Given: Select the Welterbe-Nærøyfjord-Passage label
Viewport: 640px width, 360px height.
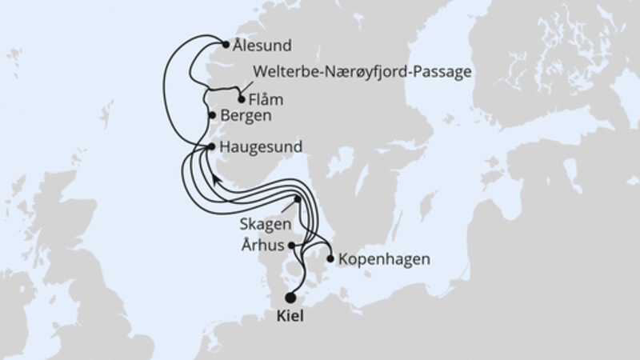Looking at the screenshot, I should click(362, 72).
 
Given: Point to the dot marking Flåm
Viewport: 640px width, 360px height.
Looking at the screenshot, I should click(242, 99).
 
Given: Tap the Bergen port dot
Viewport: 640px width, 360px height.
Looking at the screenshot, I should click(212, 116).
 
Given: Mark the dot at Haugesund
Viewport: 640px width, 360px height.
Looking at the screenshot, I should click(211, 147).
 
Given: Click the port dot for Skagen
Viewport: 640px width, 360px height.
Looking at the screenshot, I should click(298, 199).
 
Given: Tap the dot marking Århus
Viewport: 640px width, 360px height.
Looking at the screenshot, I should click(293, 246).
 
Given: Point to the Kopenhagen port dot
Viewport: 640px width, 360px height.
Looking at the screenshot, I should click(330, 259).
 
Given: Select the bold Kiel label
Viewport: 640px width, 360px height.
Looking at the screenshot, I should click(290, 317).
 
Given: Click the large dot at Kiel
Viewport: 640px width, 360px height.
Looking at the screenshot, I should click(290, 297).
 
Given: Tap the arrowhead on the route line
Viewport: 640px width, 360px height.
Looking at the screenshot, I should click(216, 180).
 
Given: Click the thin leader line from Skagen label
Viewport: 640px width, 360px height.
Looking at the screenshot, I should click(288, 209).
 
